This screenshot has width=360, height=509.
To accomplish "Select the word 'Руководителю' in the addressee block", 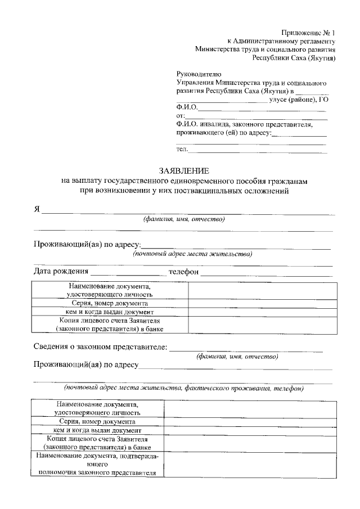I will [x=199, y=74].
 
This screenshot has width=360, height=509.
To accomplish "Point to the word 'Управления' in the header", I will [x=194, y=83].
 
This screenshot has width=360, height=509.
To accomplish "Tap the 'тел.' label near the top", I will [x=182, y=150].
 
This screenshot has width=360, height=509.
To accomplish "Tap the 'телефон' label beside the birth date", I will [x=183, y=272].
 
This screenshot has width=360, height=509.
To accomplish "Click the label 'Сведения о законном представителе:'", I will [x=100, y=346].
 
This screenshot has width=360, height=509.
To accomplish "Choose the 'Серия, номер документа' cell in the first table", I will [x=110, y=303].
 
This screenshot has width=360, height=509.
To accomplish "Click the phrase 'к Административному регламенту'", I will [x=281, y=41].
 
